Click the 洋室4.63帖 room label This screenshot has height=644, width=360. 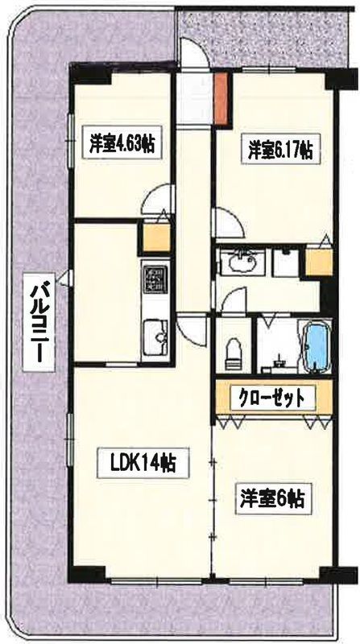point(122,145)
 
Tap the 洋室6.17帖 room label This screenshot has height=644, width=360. point(279,149)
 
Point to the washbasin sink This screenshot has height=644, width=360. point(242,262)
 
